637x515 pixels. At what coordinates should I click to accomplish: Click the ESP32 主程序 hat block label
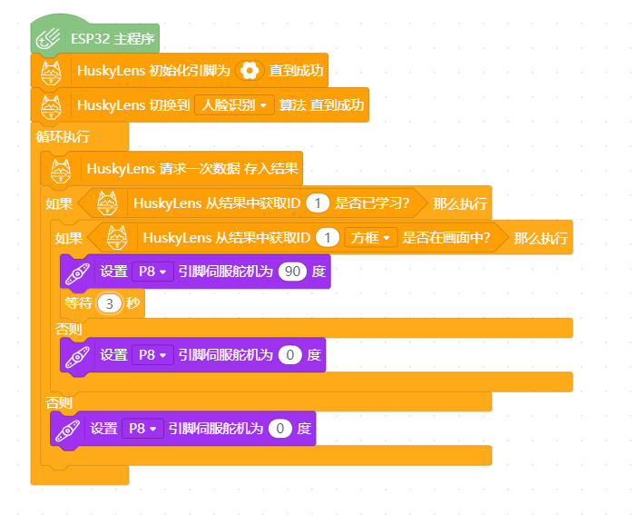pos(113,39)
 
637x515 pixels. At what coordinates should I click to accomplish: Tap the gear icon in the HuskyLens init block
pos(250,71)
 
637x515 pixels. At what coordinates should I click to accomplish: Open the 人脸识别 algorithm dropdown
pos(234,105)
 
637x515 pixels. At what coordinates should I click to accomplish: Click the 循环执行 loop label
pos(63,136)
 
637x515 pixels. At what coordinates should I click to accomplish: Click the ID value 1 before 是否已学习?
pos(318,203)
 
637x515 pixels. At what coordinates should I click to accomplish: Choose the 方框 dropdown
pos(370,238)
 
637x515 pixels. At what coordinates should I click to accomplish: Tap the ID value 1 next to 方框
pos(328,238)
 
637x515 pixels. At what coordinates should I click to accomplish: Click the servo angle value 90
pos(292,272)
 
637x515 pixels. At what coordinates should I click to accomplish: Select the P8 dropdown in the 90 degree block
pos(152,272)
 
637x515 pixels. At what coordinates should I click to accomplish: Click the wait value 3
pos(109,303)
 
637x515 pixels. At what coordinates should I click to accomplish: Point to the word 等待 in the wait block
pos(78,303)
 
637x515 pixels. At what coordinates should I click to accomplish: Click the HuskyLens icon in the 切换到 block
pos(51,106)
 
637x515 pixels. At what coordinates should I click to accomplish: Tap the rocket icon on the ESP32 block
pos(48,39)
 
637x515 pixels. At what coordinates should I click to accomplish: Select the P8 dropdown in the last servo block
pos(143,429)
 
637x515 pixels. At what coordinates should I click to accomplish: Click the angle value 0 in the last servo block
pos(279,429)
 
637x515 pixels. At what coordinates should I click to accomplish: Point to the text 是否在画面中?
pos(446,238)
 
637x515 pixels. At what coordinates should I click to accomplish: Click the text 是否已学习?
pos(372,203)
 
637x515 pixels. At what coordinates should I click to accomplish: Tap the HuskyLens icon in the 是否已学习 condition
pos(107,203)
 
